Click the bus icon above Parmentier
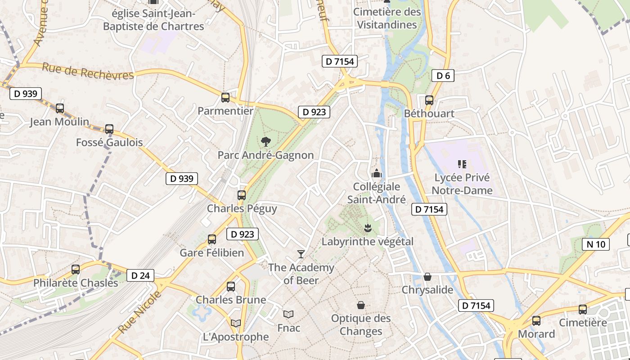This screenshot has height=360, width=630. click(225, 97)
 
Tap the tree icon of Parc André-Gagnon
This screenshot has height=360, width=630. click(266, 141)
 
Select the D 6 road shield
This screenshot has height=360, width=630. click(443, 76)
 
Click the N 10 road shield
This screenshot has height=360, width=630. click(596, 244)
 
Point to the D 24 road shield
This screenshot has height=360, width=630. click(140, 275)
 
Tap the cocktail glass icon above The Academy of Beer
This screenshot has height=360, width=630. click(301, 254)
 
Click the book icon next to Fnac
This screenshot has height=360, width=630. click(288, 315)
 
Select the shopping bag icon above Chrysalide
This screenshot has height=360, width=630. click(427, 276)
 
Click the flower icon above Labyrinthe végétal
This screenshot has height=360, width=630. click(368, 228)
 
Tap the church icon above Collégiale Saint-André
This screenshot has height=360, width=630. click(376, 173)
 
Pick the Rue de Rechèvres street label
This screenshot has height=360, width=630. click(88, 72)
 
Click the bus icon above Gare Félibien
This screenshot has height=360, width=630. click(212, 239)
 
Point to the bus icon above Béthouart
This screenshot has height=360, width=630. click(429, 100)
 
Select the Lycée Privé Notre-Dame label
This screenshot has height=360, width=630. click(462, 184)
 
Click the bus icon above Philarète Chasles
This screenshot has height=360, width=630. click(76, 270)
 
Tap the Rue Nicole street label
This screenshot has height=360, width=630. click(139, 312)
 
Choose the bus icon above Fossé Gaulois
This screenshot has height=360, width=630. click(109, 129)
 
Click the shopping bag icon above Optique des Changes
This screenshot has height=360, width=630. click(360, 305)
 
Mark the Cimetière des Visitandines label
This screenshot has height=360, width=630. click(387, 18)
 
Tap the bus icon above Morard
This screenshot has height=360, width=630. click(536, 321)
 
